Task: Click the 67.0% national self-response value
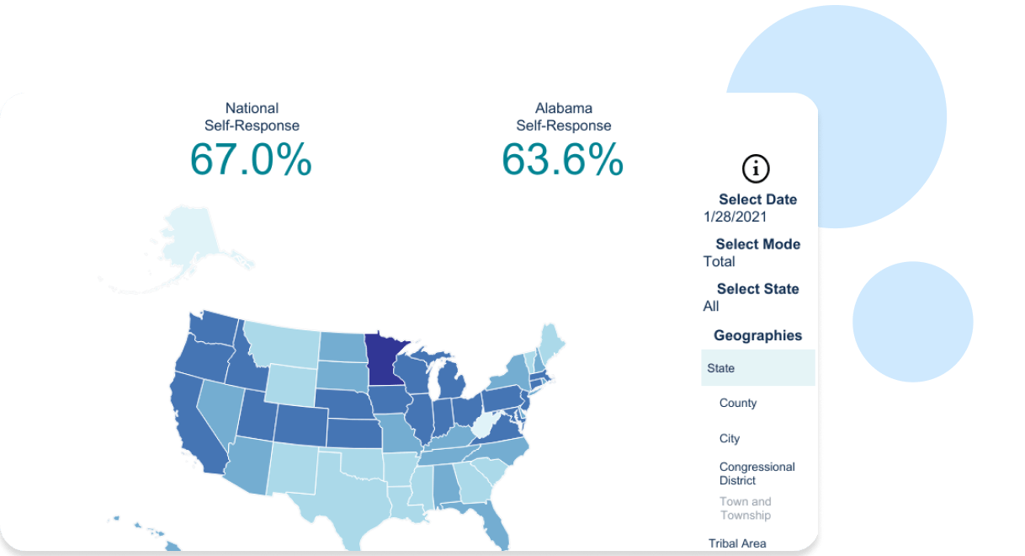coord(251,159)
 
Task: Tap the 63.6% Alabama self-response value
coord(563,159)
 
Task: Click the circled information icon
coord(756,168)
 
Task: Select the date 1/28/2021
coord(735,217)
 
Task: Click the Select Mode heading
coord(757,244)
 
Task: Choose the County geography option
coord(738,403)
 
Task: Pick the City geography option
coord(730,438)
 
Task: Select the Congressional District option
coord(757,473)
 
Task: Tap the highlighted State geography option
coord(721,368)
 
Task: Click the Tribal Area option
coord(737,543)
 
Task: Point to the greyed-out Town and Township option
coord(745,508)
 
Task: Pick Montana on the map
coord(282,341)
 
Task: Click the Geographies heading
coord(757,335)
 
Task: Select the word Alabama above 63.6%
coord(563,108)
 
